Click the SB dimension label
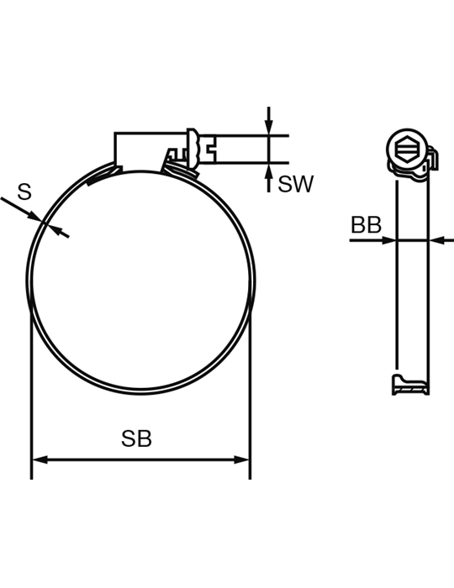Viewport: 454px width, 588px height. click(136, 438)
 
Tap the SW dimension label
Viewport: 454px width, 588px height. click(295, 184)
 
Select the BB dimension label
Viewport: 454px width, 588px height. click(366, 225)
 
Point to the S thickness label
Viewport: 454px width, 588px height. click(24, 192)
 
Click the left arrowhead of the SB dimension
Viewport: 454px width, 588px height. click(40, 459)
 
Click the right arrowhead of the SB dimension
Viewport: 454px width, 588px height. click(241, 459)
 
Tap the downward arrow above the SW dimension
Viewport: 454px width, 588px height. click(269, 120)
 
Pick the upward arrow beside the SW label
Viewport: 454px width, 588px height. click(269, 178)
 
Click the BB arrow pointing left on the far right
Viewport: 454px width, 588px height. click(441, 240)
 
